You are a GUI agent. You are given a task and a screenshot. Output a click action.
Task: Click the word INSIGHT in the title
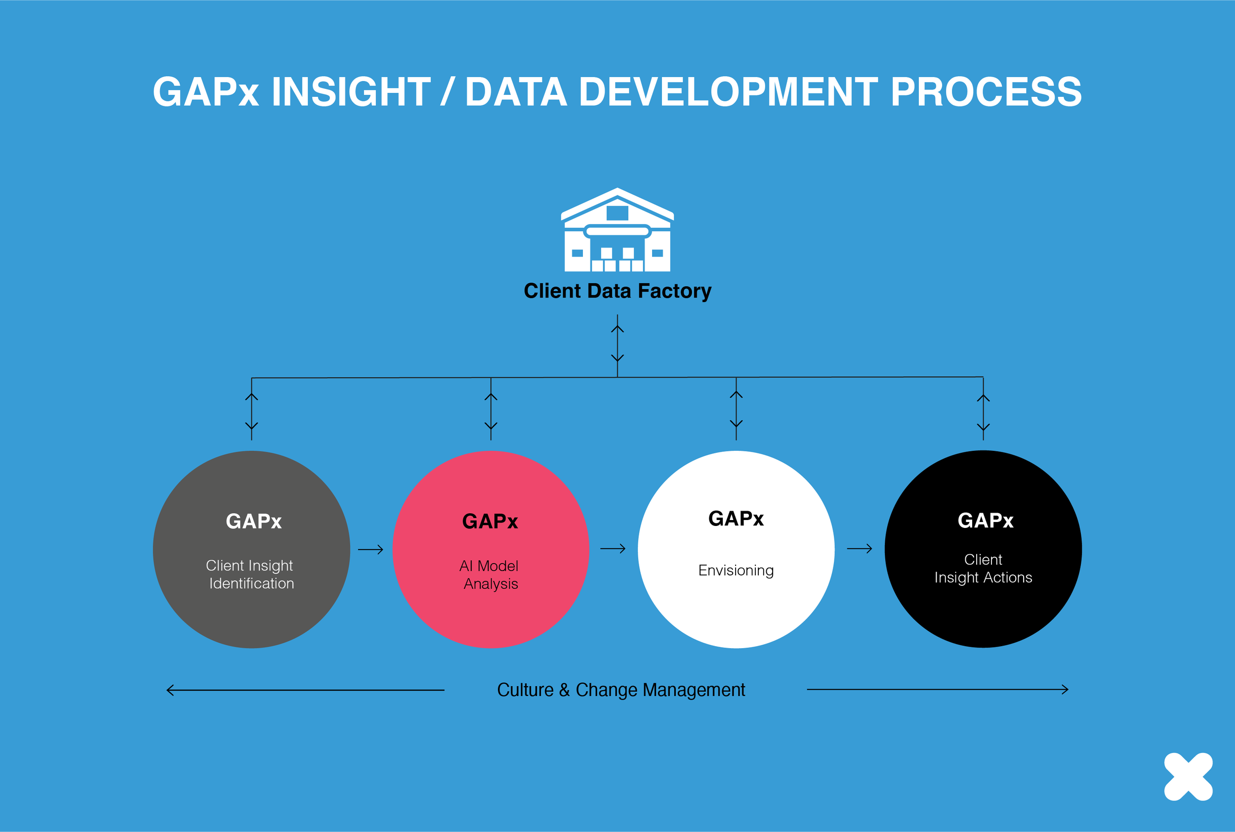(351, 92)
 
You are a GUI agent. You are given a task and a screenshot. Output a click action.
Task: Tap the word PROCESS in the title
(987, 92)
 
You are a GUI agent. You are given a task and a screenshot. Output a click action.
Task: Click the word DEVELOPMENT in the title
(728, 92)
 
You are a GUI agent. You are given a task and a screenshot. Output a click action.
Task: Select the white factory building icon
(617, 229)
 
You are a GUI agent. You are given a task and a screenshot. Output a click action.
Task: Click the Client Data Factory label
(617, 291)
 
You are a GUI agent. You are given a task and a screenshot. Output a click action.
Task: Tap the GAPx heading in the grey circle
(253, 521)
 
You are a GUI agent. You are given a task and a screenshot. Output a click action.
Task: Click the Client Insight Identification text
(250, 574)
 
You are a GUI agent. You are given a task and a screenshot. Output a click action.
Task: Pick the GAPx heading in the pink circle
(490, 521)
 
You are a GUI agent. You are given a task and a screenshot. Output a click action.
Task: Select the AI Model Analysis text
(490, 574)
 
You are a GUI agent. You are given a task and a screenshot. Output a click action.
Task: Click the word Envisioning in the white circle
(736, 570)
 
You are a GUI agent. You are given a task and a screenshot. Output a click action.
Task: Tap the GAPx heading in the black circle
(985, 520)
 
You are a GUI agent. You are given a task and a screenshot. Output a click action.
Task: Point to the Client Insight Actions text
(983, 569)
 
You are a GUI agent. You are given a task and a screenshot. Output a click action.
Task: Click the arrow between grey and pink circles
(370, 550)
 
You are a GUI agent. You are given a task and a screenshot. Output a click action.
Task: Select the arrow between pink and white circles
(613, 549)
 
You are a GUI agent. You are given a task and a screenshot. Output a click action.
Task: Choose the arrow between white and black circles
(860, 549)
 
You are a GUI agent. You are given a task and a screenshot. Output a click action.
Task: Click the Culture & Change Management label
(621, 690)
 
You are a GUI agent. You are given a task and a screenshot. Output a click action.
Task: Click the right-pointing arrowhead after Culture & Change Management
(1065, 690)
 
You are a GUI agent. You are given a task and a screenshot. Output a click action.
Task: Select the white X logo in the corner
(1189, 776)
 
